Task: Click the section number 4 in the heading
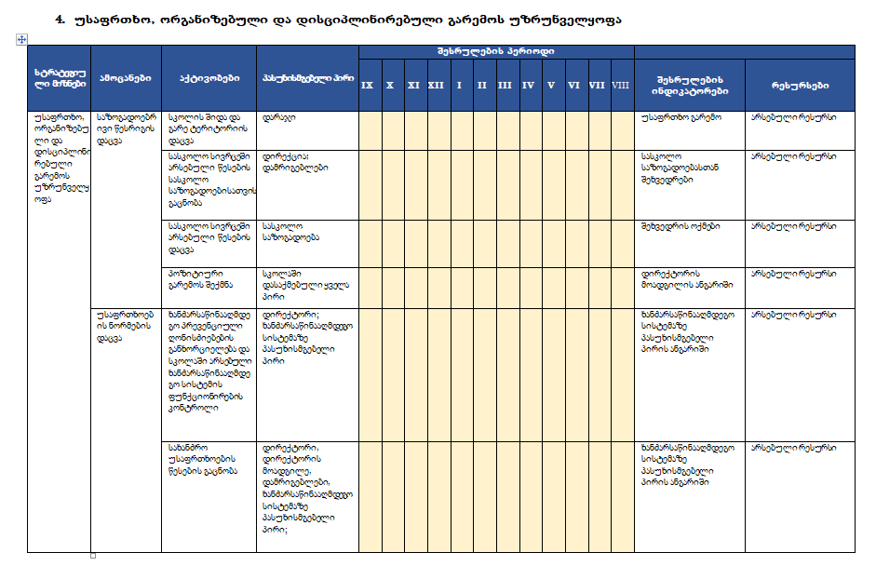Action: pos(59,19)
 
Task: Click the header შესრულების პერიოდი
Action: pos(495,52)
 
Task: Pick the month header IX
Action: pos(368,85)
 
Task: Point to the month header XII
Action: pos(436,85)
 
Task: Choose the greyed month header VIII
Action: pos(621,85)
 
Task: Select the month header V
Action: pos(551,85)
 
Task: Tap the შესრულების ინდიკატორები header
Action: pos(689,85)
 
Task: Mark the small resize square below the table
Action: pos(93,555)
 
